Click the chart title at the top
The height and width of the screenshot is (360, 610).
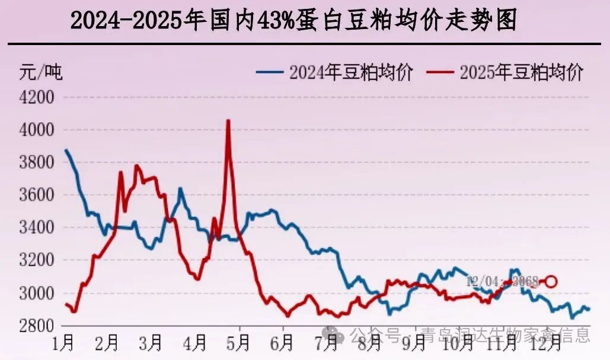(x=293, y=21)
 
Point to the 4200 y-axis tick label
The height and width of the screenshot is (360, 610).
(x=37, y=97)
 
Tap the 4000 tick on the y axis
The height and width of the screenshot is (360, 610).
(x=37, y=129)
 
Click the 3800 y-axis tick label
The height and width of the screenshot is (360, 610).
(x=37, y=162)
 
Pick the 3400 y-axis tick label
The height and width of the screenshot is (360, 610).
(x=37, y=228)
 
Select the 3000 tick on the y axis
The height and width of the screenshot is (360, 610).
(x=37, y=293)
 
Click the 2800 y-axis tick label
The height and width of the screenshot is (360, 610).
(x=37, y=326)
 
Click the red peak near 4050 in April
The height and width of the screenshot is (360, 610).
(x=228, y=121)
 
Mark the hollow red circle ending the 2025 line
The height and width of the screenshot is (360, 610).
(x=551, y=281)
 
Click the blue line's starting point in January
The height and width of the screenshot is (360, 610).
(x=66, y=150)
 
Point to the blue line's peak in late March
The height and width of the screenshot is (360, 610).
(x=180, y=189)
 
